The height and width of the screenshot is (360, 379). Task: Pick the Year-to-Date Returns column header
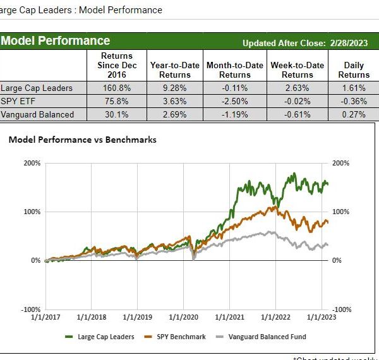(x=174, y=69)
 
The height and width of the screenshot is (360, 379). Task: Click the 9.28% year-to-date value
(x=174, y=88)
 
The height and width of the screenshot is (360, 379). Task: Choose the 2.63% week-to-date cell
(x=298, y=88)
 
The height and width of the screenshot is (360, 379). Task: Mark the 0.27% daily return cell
(x=354, y=114)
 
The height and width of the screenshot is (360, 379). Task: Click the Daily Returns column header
(x=354, y=69)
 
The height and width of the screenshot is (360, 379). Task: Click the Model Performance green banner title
(x=56, y=41)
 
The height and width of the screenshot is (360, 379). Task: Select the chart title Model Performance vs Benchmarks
(x=82, y=140)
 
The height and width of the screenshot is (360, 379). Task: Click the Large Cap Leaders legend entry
(x=105, y=337)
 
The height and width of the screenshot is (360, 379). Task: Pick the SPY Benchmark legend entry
(x=181, y=337)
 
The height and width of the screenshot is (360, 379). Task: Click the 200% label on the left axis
(x=32, y=163)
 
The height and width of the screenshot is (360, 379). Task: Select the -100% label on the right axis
(x=341, y=309)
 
